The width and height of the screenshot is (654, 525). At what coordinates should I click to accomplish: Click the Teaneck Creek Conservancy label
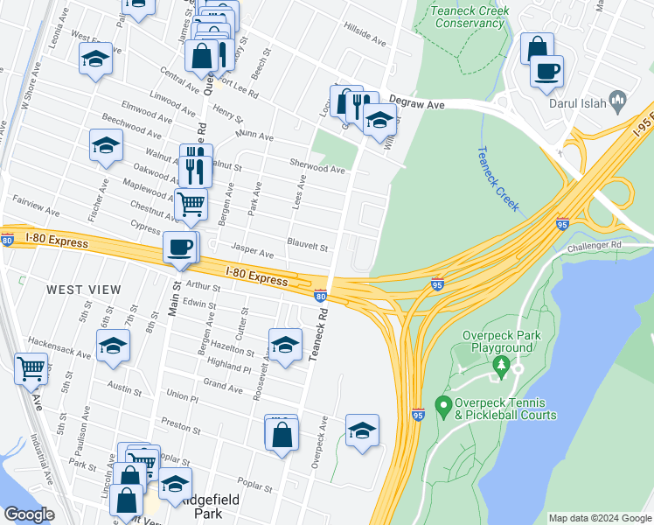point(468,17)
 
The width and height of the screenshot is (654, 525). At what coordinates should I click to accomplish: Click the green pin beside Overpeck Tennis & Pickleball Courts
point(442,407)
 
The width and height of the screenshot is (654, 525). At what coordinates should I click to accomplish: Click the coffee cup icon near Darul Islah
point(546,72)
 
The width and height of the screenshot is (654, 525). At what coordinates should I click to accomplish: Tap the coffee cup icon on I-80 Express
point(181,248)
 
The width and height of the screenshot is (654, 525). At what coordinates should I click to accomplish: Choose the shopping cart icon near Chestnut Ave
point(191,205)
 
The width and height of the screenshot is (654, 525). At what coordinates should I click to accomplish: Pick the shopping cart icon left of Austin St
point(31,368)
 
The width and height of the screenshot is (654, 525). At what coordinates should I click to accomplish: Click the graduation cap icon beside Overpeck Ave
point(362,430)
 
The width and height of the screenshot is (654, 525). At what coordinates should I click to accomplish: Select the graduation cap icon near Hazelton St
point(285,346)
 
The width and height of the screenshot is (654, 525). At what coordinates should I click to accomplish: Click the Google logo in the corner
point(29,514)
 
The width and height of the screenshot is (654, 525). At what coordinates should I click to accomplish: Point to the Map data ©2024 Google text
point(599,518)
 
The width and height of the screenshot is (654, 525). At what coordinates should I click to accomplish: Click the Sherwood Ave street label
point(317,165)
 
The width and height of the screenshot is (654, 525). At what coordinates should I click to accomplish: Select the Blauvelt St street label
point(307,247)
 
